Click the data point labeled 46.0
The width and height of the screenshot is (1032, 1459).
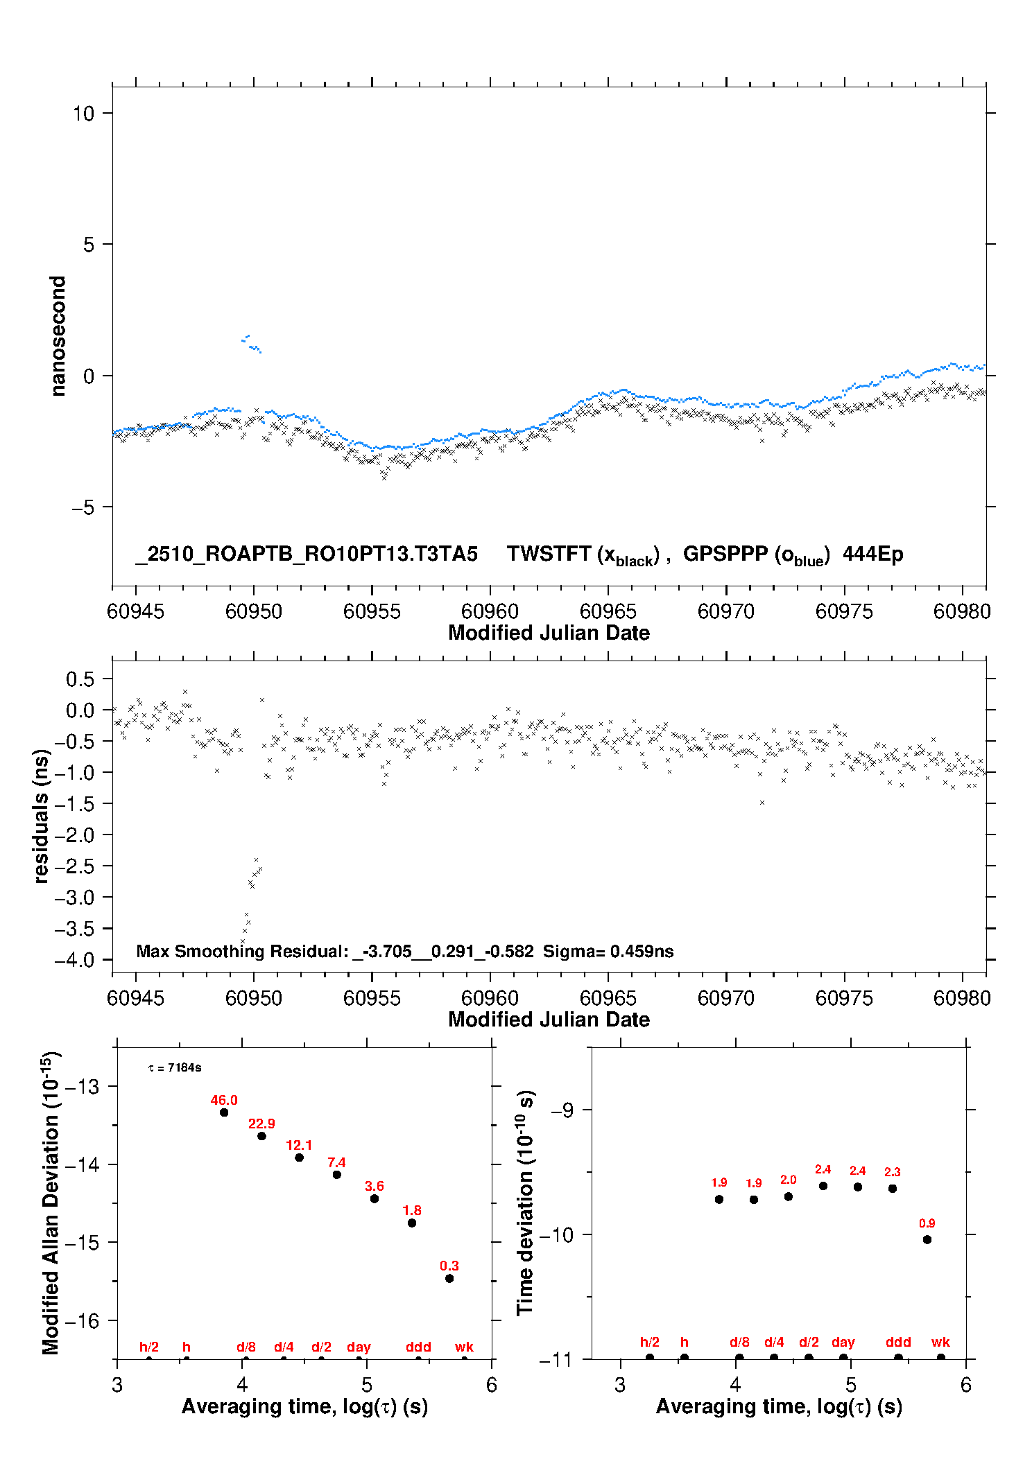point(224,1112)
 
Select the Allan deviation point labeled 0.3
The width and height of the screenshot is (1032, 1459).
point(449,1278)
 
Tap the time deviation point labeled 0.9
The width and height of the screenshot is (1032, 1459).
point(927,1239)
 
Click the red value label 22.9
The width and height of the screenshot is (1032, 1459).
point(261,1124)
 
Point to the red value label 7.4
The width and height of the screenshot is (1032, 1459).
point(336,1162)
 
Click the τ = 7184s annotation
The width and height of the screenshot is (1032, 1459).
point(175,1067)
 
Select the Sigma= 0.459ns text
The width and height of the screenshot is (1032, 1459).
point(608,951)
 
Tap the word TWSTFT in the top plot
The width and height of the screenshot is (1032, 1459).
point(549,554)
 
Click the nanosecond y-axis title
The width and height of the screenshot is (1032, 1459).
point(58,336)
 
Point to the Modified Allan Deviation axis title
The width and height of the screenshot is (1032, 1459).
point(51,1203)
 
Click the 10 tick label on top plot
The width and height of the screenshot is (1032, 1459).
point(83,113)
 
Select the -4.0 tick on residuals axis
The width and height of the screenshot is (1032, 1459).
point(74,960)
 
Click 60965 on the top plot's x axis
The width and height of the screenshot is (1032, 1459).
point(608,611)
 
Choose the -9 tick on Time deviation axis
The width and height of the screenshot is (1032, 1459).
point(562,1110)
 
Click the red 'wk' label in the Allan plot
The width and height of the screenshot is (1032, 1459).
point(464,1347)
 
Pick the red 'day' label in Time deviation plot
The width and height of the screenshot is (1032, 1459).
point(843,1342)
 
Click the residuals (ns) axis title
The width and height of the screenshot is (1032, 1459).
point(42,816)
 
